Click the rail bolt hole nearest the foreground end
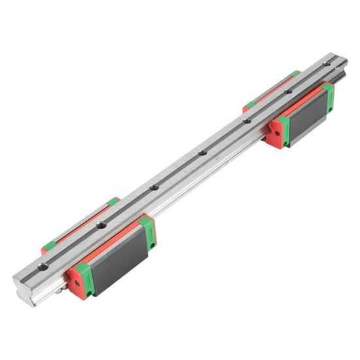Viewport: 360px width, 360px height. [43, 266]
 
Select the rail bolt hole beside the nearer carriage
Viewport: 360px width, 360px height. [101, 226]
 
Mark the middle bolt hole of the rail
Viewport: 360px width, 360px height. [154, 189]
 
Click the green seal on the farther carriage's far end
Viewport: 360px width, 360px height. [328, 95]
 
